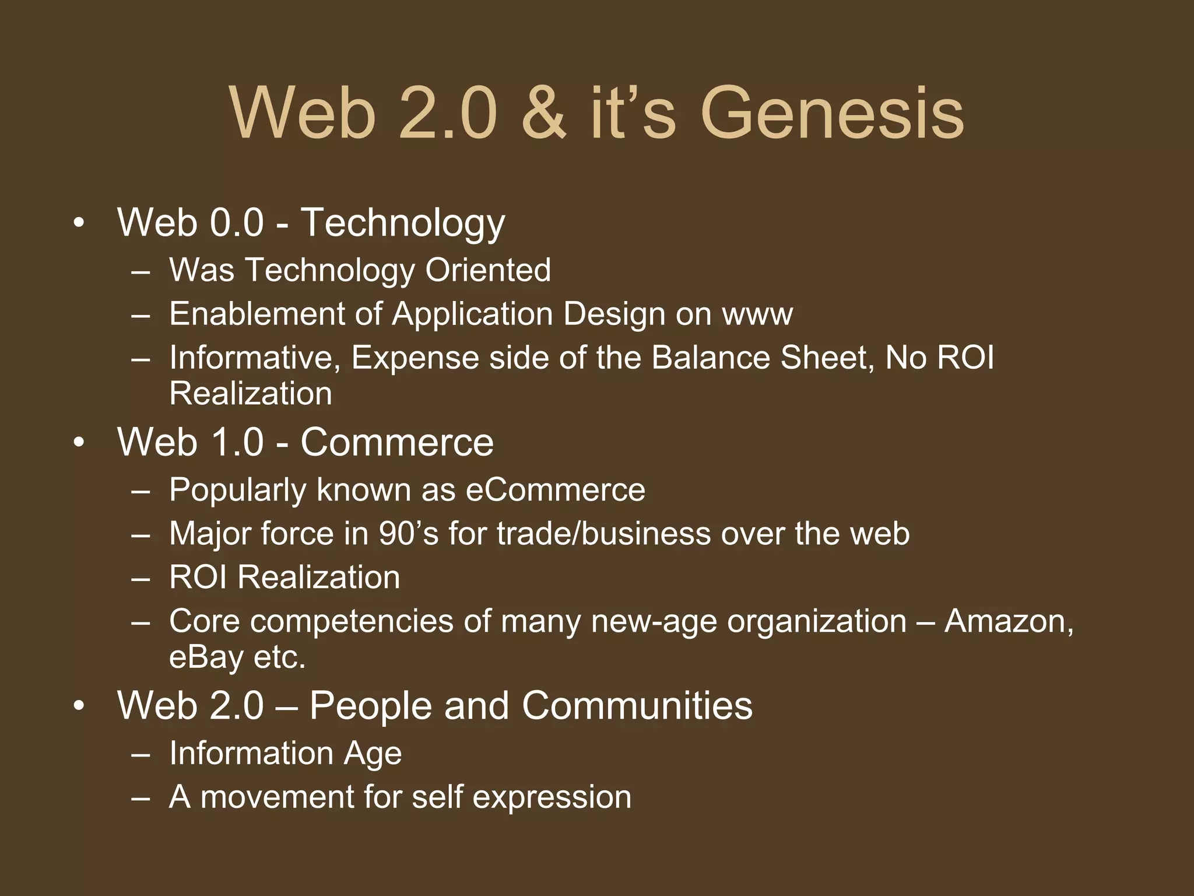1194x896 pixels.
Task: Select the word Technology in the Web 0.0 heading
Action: (x=403, y=223)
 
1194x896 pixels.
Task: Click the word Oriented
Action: (x=488, y=270)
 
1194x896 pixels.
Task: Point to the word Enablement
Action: (x=257, y=314)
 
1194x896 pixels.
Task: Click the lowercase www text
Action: (x=757, y=315)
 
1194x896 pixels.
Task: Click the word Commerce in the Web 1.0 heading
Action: (x=397, y=442)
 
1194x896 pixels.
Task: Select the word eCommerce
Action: (x=556, y=490)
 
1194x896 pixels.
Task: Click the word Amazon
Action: (x=1009, y=621)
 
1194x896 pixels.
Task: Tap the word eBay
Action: (x=206, y=657)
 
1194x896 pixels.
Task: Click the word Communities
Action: (x=637, y=706)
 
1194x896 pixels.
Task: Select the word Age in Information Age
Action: (x=373, y=754)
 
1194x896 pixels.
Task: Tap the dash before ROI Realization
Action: (x=141, y=578)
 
